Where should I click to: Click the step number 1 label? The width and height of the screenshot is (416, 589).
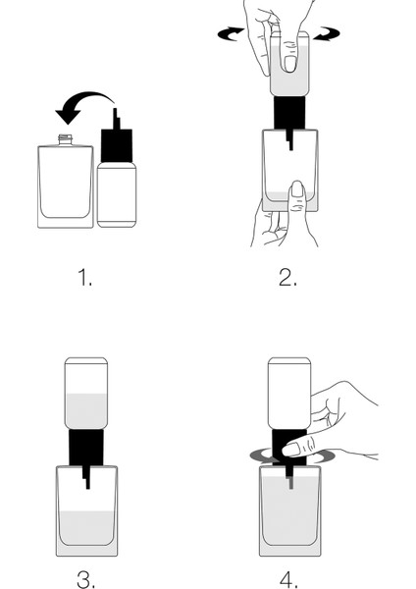click(x=84, y=278)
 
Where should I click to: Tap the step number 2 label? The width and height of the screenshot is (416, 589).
click(x=288, y=278)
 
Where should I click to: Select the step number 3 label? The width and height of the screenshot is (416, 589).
click(x=86, y=579)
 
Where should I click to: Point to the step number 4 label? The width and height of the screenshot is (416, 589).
click(x=289, y=579)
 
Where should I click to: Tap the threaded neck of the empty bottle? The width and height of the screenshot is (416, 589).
click(x=66, y=139)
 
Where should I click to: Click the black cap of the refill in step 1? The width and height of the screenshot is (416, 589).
click(x=117, y=145)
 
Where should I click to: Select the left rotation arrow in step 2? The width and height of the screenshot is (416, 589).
click(x=231, y=33)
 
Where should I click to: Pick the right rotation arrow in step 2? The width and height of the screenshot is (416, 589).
click(x=327, y=33)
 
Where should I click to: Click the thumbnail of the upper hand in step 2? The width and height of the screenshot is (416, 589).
click(x=289, y=64)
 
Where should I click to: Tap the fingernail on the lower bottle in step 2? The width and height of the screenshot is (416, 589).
click(x=297, y=189)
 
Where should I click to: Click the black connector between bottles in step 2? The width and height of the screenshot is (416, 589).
click(x=289, y=113)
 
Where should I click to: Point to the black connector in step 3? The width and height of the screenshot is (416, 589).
click(x=86, y=448)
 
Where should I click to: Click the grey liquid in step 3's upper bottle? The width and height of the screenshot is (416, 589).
click(x=86, y=410)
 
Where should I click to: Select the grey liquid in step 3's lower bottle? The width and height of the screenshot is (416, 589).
click(x=86, y=528)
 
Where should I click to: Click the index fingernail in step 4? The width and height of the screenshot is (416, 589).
click(x=290, y=450)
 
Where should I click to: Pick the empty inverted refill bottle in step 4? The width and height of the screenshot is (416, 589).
click(x=289, y=394)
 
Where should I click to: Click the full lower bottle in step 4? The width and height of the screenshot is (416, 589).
click(x=289, y=510)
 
